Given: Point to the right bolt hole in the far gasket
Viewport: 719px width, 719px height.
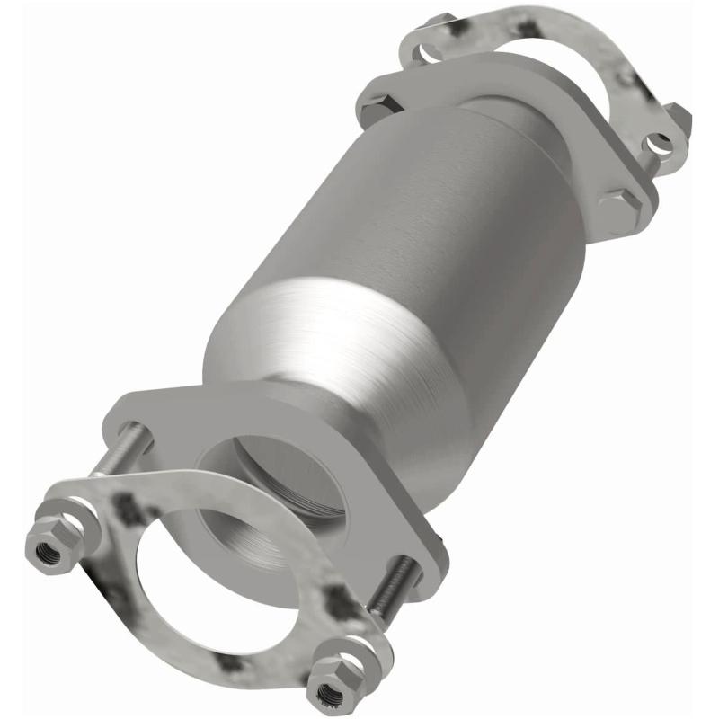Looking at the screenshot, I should coord(661,141).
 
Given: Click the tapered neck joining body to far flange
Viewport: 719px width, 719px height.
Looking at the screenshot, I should coord(530,189).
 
